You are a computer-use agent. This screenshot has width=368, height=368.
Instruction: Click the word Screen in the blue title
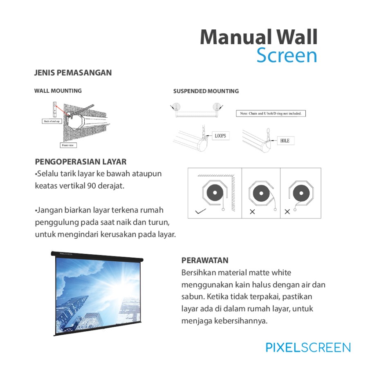pyautogui.click(x=287, y=56)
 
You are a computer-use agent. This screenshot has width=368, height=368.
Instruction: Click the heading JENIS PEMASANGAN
pyautogui.click(x=73, y=73)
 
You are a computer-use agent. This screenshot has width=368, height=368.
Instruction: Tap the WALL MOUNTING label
pyautogui.click(x=58, y=91)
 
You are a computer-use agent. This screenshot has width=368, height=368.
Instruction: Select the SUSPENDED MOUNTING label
pyautogui.click(x=206, y=91)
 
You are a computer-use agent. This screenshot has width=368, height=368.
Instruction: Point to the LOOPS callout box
pyautogui.click(x=220, y=136)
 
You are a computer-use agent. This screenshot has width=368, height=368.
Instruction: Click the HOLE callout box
pyautogui.click(x=285, y=140)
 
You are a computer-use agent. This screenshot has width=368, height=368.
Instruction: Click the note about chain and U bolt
pyautogui.click(x=271, y=113)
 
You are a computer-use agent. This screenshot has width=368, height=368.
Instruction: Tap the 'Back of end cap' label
pyautogui.click(x=52, y=121)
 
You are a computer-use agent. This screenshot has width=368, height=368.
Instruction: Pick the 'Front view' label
pyautogui.click(x=67, y=145)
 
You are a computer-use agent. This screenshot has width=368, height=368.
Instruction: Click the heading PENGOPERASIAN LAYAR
pyautogui.click(x=81, y=162)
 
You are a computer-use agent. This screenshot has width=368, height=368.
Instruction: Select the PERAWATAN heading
pyautogui.click(x=205, y=260)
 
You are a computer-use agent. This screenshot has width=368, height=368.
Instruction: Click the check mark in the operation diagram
pyautogui.click(x=200, y=212)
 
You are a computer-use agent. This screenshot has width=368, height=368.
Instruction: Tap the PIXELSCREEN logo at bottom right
pyautogui.click(x=308, y=348)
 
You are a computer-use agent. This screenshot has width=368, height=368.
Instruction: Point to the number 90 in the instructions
pyautogui.click(x=91, y=186)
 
